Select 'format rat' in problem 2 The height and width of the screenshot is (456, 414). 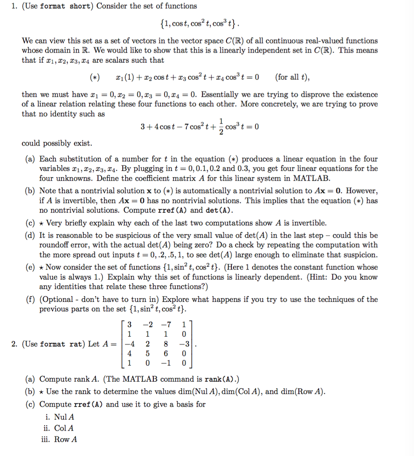pyautogui.click(x=58, y=344)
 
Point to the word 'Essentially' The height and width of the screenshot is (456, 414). pyautogui.click(x=227, y=94)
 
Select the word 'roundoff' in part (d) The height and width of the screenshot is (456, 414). pyautogui.click(x=54, y=245)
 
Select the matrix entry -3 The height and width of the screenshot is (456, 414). pyautogui.click(x=183, y=344)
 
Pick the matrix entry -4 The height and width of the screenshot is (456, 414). pyautogui.click(x=129, y=344)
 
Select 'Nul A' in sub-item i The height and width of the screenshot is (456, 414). pyautogui.click(x=64, y=417)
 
